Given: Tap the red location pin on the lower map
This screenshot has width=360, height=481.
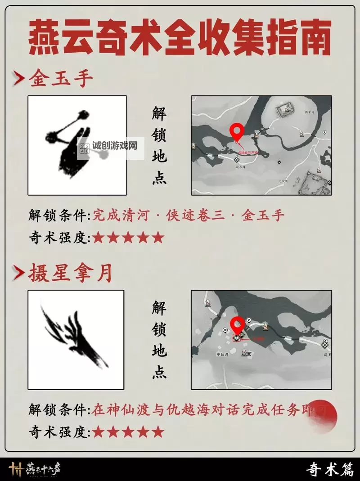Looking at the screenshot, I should click(237, 325).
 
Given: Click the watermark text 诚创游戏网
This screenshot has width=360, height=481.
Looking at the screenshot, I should click(114, 146).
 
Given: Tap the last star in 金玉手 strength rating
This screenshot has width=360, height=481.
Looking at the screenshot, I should click(157, 238).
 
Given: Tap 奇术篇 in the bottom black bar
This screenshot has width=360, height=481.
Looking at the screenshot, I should click(329, 469).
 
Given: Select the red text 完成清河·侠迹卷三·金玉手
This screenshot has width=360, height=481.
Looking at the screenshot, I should click(189, 216).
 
